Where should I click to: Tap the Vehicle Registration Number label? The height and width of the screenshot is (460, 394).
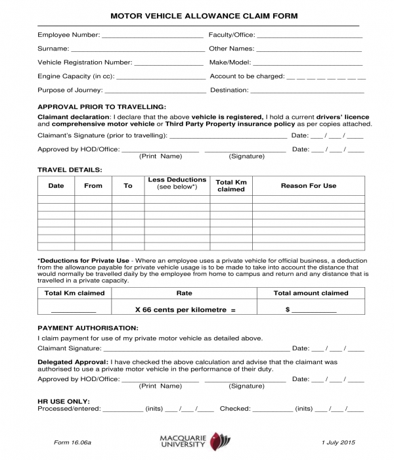[85, 62]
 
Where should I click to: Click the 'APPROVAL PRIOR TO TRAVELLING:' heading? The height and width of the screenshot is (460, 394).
[102, 106]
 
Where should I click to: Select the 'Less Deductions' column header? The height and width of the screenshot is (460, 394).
[177, 183]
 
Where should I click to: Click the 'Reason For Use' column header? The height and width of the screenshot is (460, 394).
[308, 186]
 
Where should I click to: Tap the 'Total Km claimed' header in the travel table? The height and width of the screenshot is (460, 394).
[230, 185]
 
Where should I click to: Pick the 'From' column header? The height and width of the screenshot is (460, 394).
[93, 186]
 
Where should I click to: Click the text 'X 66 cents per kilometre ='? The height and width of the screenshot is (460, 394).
[185, 309]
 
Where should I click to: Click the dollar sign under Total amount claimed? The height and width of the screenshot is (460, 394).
[288, 309]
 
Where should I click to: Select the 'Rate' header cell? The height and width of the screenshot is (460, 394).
[184, 293]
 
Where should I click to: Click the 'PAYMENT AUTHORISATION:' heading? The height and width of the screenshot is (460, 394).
[88, 327]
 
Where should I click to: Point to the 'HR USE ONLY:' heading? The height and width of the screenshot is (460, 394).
[64, 400]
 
